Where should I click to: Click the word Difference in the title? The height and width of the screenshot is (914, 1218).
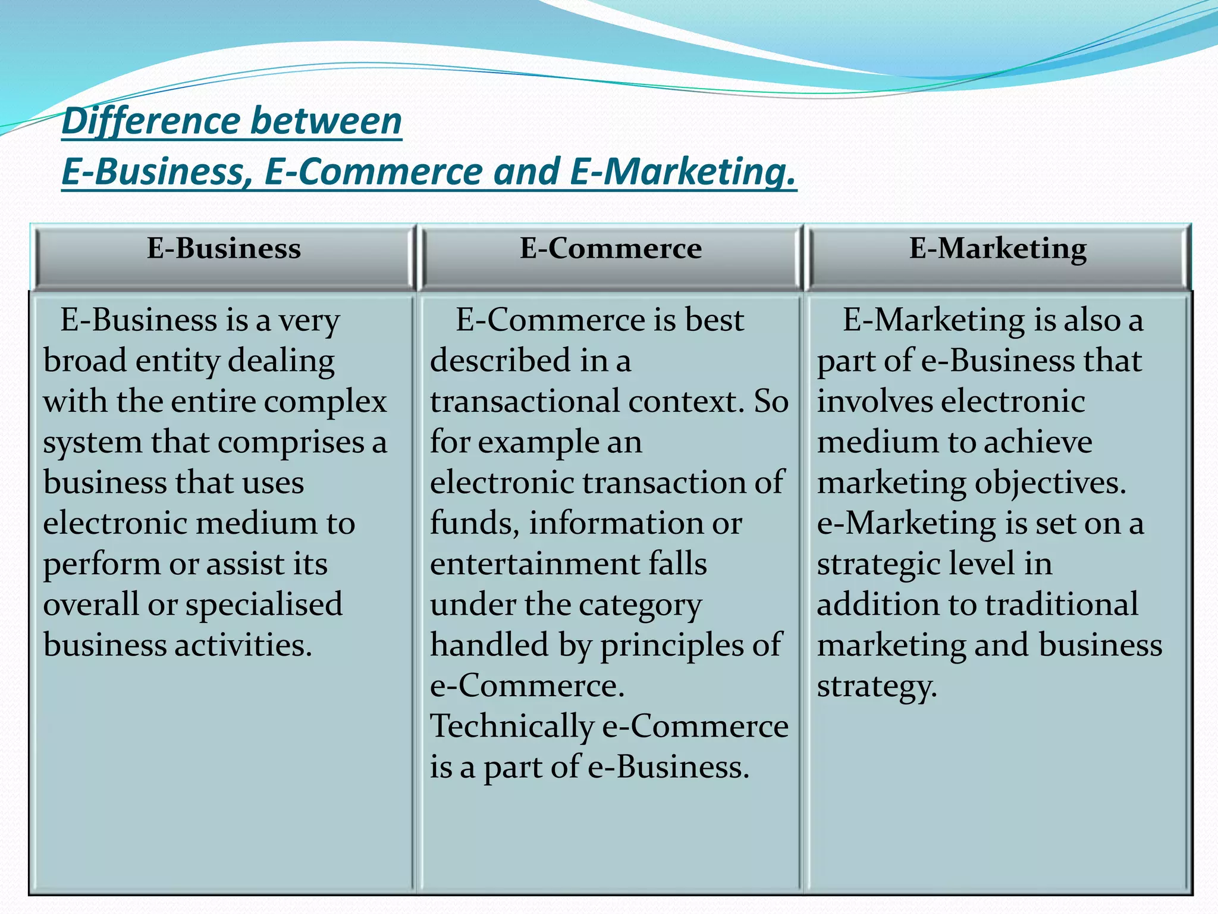pyautogui.click(x=151, y=121)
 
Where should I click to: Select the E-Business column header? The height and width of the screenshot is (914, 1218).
pyautogui.click(x=224, y=248)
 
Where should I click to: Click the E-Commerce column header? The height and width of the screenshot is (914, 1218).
pyautogui.click(x=611, y=248)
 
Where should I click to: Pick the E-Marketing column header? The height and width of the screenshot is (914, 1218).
pyautogui.click(x=998, y=248)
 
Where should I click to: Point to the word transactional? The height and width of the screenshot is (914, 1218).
pyautogui.click(x=525, y=402)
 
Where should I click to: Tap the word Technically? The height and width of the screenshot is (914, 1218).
pyautogui.click(x=511, y=727)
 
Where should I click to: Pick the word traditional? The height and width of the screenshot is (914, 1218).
pyautogui.click(x=1062, y=605)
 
